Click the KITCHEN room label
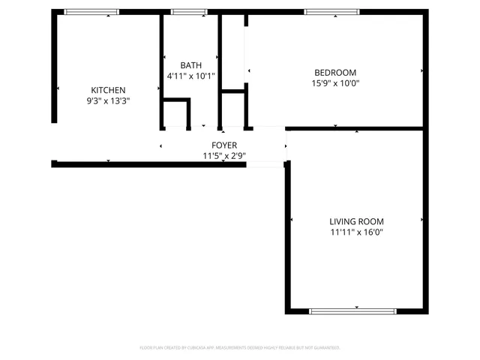(108, 90)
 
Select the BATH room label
(190, 65)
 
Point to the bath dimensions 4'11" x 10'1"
(190, 76)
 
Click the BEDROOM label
(335, 73)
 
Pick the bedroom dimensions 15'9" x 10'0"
(335, 83)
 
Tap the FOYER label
(224, 145)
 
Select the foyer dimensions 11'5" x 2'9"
(224, 156)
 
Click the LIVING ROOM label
(356, 221)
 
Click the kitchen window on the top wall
(86, 12)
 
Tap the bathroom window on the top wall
(189, 12)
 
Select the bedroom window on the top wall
(331, 12)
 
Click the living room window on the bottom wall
(352, 311)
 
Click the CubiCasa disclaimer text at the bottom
(240, 348)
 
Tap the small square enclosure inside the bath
(177, 113)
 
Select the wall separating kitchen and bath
(160, 71)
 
